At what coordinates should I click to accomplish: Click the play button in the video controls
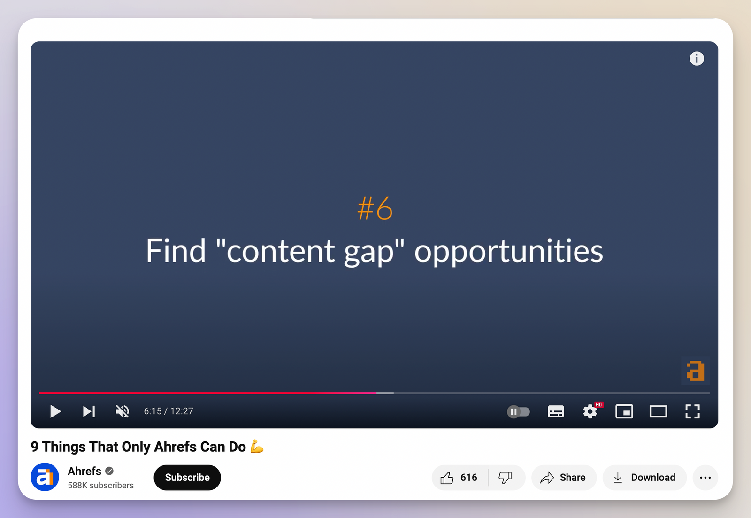(55, 411)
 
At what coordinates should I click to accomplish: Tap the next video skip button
(89, 411)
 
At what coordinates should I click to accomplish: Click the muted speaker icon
(123, 411)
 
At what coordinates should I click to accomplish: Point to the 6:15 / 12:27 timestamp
(169, 411)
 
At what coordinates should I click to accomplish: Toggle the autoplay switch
(518, 412)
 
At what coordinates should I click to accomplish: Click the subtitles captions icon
(556, 412)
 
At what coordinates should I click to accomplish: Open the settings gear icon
(590, 412)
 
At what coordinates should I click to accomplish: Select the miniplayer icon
(624, 412)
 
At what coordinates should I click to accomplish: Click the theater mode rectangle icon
(658, 412)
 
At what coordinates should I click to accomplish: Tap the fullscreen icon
(692, 412)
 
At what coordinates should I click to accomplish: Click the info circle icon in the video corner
(697, 59)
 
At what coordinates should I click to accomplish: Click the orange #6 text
(375, 209)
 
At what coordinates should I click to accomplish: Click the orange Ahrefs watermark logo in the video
(695, 371)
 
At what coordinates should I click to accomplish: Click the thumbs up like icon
(447, 478)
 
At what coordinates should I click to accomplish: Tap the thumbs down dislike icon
(505, 478)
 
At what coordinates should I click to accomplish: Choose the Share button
(563, 478)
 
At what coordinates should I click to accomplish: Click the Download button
(644, 478)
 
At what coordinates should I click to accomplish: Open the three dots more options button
(705, 478)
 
